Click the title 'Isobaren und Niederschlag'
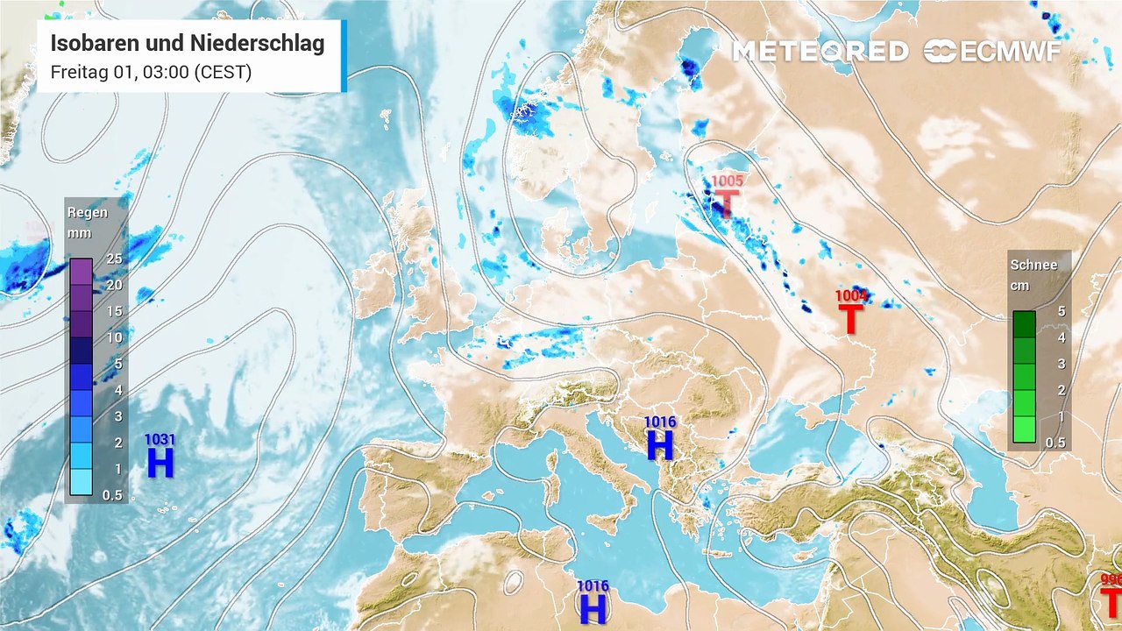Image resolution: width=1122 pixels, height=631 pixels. [x=188, y=44]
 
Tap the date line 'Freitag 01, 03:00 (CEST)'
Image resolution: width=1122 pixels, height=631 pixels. [x=151, y=72]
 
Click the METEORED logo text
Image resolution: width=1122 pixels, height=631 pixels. [x=820, y=52]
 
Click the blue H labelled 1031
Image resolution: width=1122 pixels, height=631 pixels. [x=160, y=462]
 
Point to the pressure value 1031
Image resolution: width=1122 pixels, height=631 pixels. [x=160, y=439]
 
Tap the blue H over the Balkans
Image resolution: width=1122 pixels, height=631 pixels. [x=659, y=445]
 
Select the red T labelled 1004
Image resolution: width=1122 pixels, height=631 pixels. [x=850, y=319]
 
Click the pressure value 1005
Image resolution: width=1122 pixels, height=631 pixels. [x=727, y=181]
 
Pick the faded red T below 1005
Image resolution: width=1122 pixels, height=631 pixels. [x=726, y=204]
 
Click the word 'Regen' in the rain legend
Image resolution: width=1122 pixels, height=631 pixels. [x=88, y=213]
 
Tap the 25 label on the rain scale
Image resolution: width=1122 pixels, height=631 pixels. [x=114, y=259]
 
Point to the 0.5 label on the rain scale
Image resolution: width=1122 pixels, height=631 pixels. [x=111, y=495]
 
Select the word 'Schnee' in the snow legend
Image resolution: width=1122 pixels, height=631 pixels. [x=1033, y=265]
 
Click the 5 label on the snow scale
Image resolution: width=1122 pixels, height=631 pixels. [x=1060, y=311]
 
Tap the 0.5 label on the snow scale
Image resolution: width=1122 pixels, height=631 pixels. [x=1055, y=443]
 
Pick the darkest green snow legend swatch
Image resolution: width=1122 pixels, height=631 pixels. [x=1024, y=324]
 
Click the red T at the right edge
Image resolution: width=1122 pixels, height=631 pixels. [x=1111, y=604]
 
